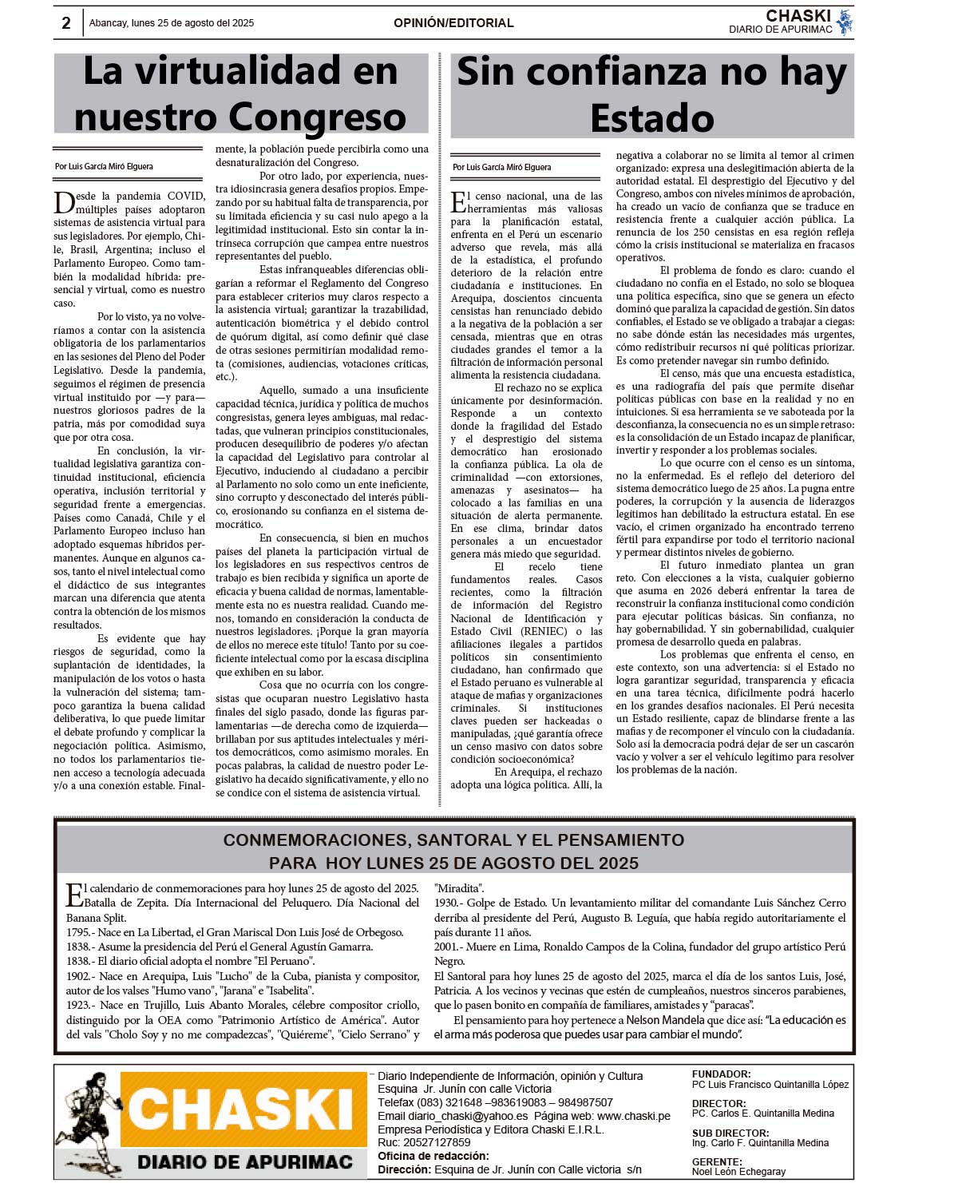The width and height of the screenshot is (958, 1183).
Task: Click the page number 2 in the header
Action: tap(66, 23)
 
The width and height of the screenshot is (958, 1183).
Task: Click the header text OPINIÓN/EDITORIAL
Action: tap(453, 23)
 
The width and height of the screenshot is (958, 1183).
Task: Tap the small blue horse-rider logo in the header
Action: tap(845, 22)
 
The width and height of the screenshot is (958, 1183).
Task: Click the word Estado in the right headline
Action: tap(652, 118)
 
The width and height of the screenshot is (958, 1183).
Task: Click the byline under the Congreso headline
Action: tap(104, 166)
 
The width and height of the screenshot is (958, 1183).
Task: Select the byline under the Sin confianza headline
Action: tap(501, 167)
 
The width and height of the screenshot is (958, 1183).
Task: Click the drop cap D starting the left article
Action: tap(64, 203)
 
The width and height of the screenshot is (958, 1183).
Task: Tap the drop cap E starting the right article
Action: tap(460, 203)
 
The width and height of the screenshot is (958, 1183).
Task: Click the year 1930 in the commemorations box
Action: tap(447, 903)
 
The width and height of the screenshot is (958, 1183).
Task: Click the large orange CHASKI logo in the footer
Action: tap(239, 1109)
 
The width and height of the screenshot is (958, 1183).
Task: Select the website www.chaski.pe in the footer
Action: tap(633, 1116)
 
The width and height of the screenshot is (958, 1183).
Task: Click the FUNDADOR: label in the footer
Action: tap(721, 1074)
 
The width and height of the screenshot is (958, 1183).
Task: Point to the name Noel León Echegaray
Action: tap(738, 1172)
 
